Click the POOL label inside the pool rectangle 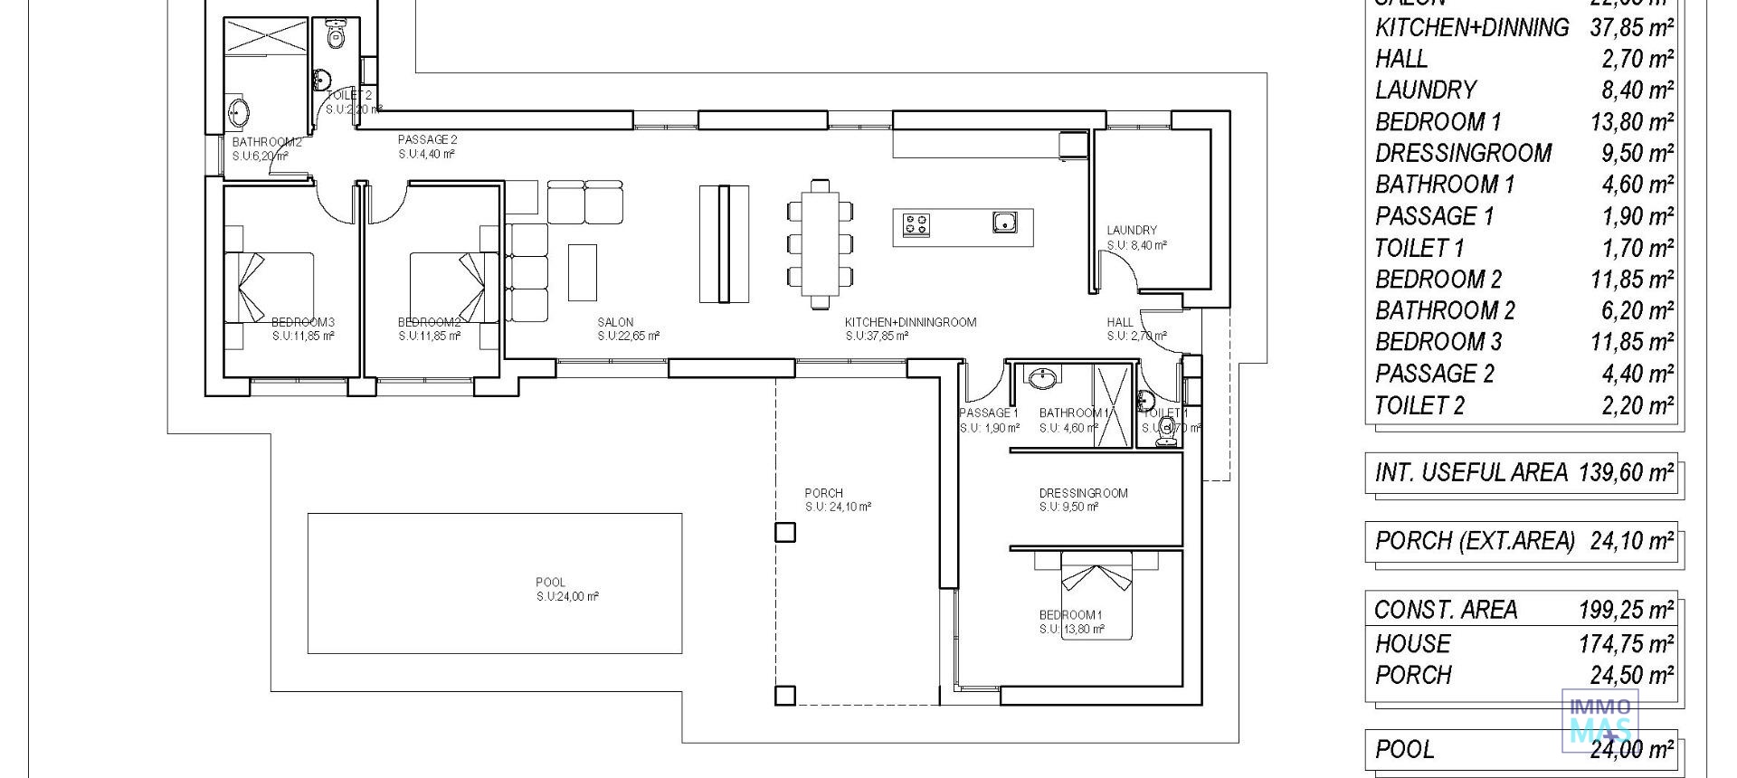pyautogui.click(x=550, y=583)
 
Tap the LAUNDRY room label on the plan pyautogui.click(x=1131, y=231)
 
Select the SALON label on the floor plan pyautogui.click(x=615, y=322)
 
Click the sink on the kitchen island pyautogui.click(x=1004, y=221)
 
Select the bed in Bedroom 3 pyautogui.click(x=276, y=287)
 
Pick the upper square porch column pyautogui.click(x=785, y=532)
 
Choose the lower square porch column pyautogui.click(x=785, y=695)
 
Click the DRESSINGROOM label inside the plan pyautogui.click(x=1083, y=493)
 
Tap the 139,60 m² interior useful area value pyautogui.click(x=1626, y=472)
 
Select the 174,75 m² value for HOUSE pyautogui.click(x=1631, y=643)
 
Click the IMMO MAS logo pyautogui.click(x=1600, y=719)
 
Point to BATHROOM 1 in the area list pyautogui.click(x=1444, y=185)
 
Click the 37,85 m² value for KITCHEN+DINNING pyautogui.click(x=1631, y=27)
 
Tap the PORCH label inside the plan pyautogui.click(x=823, y=493)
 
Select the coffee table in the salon pyautogui.click(x=582, y=272)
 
